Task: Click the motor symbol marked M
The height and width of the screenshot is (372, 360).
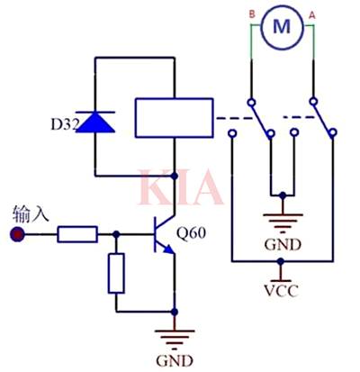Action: point(282,26)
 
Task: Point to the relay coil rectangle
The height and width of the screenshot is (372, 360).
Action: point(172,116)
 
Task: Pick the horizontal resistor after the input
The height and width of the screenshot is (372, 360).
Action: point(78,235)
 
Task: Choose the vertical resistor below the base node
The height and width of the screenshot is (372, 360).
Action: point(116,273)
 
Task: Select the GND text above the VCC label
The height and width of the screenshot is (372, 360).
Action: point(283,245)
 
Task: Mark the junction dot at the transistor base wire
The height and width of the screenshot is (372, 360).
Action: point(116,235)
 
